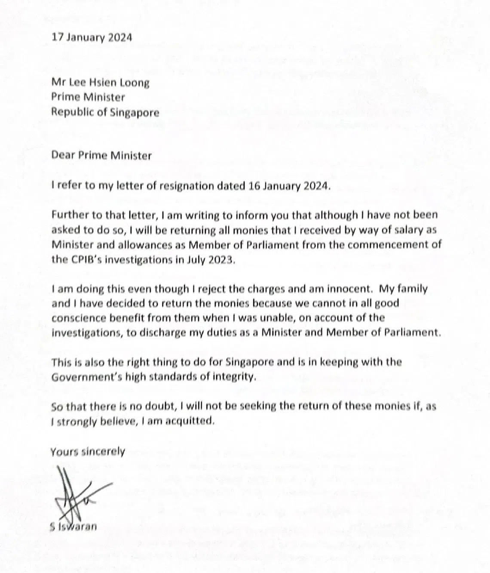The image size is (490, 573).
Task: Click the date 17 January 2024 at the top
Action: tap(92, 37)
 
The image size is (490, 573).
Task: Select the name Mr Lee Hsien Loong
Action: tap(100, 82)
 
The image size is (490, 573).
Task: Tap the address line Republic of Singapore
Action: tap(105, 112)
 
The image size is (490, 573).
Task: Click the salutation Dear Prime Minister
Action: tap(101, 155)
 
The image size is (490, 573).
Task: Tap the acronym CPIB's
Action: tap(89, 260)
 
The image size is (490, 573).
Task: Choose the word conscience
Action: tap(79, 318)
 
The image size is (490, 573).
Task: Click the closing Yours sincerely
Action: tap(88, 452)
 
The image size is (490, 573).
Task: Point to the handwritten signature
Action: tap(73, 495)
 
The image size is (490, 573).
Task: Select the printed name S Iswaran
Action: tap(73, 526)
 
